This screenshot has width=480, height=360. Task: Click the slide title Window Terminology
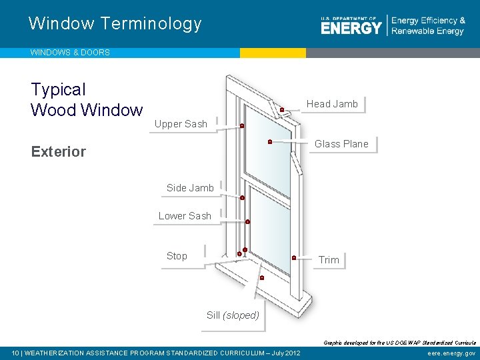(x=115, y=24)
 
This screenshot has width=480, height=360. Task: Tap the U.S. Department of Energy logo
(x=351, y=25)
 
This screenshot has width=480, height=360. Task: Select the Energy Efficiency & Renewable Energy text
(x=428, y=26)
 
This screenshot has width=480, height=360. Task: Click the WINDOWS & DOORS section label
(x=70, y=52)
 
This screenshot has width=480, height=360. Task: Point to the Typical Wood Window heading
(x=87, y=99)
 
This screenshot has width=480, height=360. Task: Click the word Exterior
(x=59, y=151)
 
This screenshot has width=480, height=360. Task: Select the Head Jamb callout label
(x=332, y=104)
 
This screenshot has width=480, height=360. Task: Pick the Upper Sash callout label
(x=181, y=124)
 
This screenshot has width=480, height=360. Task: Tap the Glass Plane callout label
(x=341, y=144)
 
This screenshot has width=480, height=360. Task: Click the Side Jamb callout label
(x=190, y=188)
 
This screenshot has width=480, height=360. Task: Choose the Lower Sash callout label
(x=185, y=216)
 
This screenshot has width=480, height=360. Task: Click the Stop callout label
(x=177, y=256)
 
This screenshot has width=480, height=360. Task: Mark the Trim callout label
(x=329, y=260)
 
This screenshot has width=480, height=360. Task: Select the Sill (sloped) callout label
(x=233, y=315)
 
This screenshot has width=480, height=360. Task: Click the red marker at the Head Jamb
(x=282, y=109)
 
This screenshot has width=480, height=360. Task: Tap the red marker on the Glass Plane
(x=269, y=141)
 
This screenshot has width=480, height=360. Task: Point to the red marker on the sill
(x=262, y=277)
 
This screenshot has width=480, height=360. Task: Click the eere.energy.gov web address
(x=452, y=353)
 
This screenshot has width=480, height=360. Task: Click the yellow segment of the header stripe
(x=273, y=53)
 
